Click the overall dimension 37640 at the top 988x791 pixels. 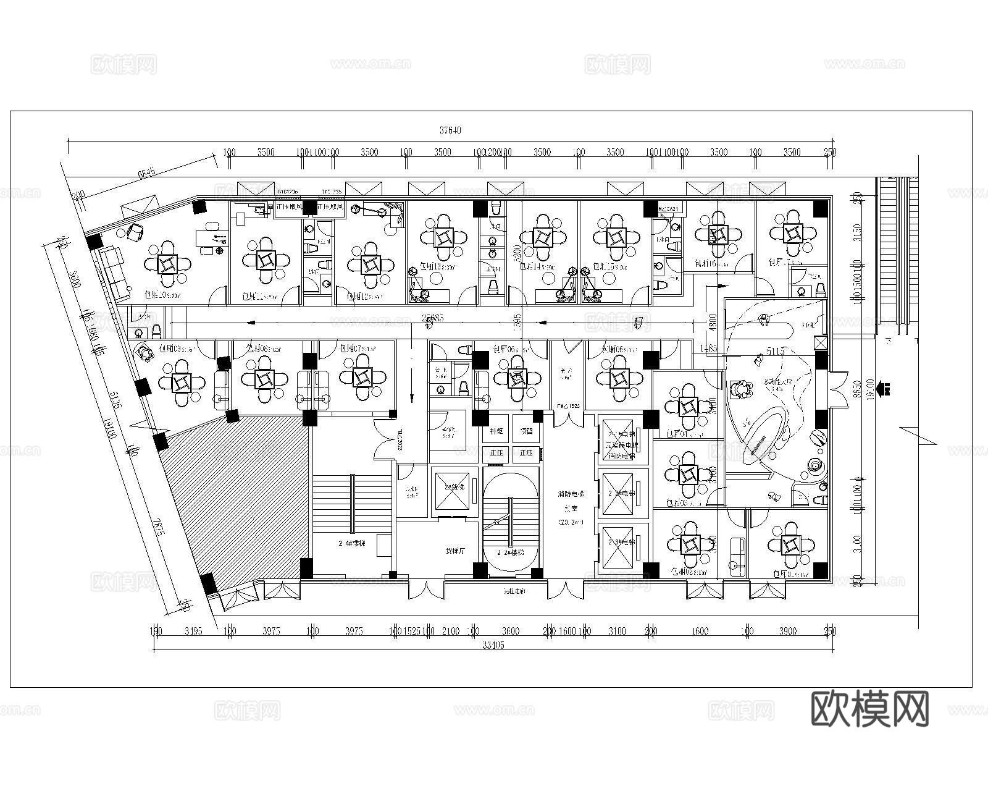(x=450, y=130)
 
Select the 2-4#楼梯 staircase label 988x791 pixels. (x=352, y=544)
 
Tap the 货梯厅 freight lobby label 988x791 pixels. (x=456, y=550)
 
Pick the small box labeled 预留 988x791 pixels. (x=526, y=431)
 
